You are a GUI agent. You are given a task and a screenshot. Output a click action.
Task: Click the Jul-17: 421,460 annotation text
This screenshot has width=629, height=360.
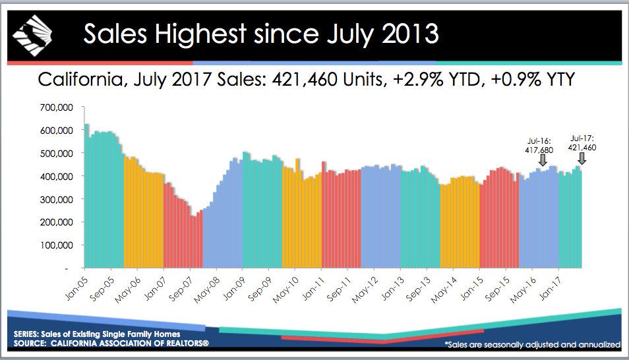click(582, 143)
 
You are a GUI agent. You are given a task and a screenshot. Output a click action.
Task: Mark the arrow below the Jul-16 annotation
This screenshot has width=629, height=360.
click(543, 160)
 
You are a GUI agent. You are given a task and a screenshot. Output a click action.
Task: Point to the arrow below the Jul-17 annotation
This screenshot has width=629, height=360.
click(582, 158)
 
